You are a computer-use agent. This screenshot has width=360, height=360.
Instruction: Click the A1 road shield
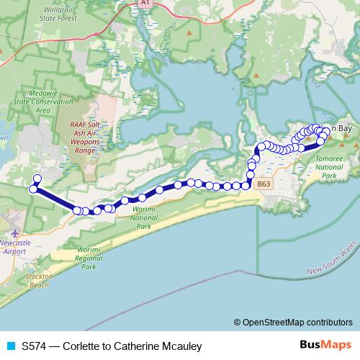tap(145, 4)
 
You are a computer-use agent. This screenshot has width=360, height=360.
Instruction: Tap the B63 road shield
tap(264, 184)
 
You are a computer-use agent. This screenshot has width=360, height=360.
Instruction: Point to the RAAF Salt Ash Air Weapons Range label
tap(88, 138)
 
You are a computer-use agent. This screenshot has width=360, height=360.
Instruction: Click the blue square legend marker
tap(11, 346)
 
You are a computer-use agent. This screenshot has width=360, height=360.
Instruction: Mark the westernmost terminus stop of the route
tap(32, 189)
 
